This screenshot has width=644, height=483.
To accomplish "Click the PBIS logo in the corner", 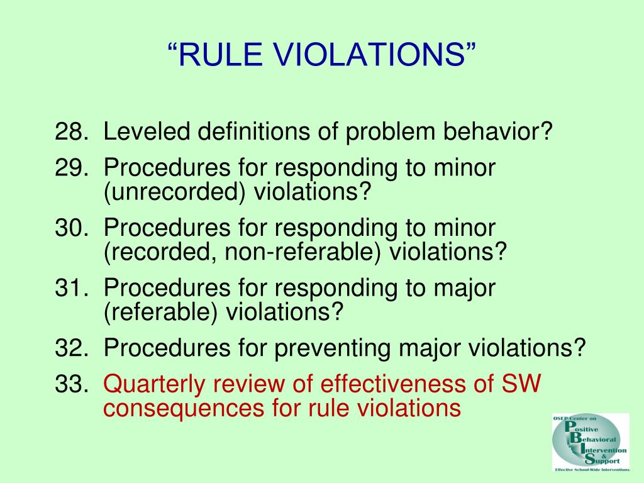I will [590, 442].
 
